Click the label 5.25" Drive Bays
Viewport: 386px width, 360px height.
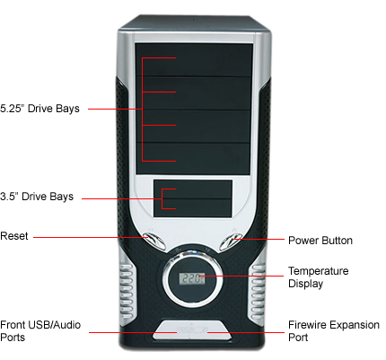coord(39,109)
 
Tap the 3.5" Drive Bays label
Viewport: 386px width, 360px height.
coord(37,197)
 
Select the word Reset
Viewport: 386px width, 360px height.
coord(14,236)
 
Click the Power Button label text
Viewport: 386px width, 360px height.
coord(320,241)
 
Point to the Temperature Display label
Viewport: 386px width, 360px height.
coord(319,277)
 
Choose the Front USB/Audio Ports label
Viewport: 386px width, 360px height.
coord(40,331)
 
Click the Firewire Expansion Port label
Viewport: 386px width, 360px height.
coord(334,331)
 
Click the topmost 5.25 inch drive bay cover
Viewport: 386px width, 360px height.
coord(194,60)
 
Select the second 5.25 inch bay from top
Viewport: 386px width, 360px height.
coord(193,93)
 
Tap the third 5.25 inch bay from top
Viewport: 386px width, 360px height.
coord(193,127)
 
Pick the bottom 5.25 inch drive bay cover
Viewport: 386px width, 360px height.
coord(193,159)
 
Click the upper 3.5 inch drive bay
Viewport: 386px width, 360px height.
coord(193,189)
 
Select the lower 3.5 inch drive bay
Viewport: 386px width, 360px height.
coord(193,208)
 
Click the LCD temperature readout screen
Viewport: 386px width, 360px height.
coord(192,278)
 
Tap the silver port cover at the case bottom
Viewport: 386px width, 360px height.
coord(192,329)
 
